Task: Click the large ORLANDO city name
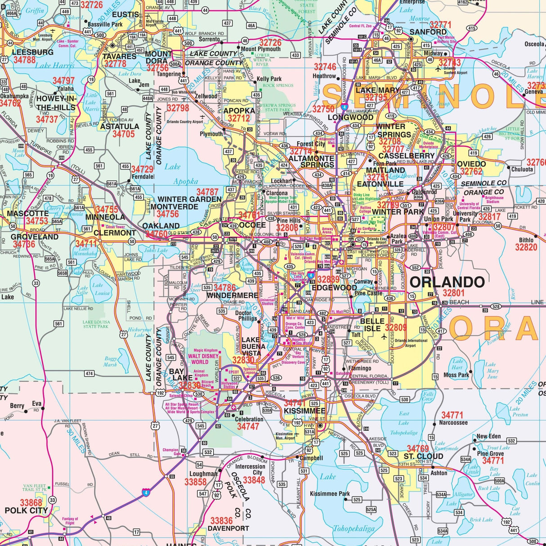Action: pos(447,282)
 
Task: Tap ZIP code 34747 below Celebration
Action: pos(248,426)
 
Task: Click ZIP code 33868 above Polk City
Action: pos(31,502)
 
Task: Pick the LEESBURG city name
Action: pos(27,52)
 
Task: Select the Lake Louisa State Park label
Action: pos(95,324)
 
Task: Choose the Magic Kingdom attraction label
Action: pos(206,350)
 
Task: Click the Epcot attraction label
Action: pos(234,372)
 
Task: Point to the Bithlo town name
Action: pos(526,240)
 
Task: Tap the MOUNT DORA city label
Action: pos(158,57)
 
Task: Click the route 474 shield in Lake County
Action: pos(89,373)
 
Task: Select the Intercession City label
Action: pos(250,470)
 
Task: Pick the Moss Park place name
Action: pos(456,375)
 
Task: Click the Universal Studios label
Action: pos(267,301)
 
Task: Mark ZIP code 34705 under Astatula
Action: pos(123,134)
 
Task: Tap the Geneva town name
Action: pos(533,92)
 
